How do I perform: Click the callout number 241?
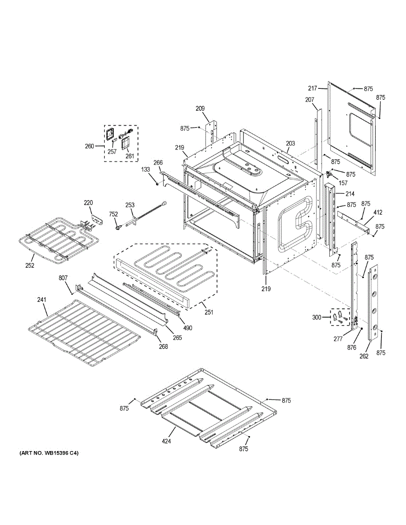pos(42,300)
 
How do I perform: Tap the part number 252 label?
pos(30,265)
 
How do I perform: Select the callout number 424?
pos(166,441)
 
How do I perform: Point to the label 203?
pos(290,143)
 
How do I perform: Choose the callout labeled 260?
pos(89,146)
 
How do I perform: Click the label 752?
pos(113,214)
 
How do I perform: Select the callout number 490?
pos(188,328)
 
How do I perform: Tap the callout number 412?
pos(378,213)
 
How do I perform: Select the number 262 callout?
pos(364,356)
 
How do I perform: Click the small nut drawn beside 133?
pos(156,184)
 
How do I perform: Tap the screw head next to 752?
pos(118,226)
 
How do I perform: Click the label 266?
pos(158,163)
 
